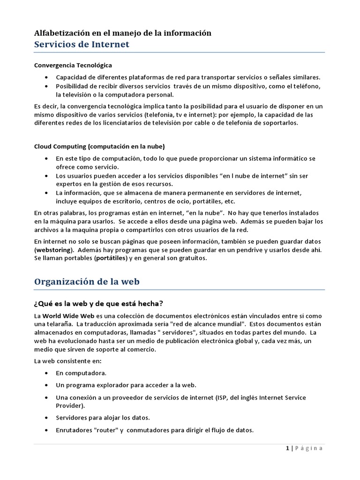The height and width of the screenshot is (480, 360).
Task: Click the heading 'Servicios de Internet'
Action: click(x=82, y=45)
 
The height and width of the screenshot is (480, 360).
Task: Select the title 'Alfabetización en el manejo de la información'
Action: click(x=123, y=33)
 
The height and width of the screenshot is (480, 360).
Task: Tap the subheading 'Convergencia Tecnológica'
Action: click(x=73, y=65)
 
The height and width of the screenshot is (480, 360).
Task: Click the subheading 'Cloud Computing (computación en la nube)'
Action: click(x=100, y=146)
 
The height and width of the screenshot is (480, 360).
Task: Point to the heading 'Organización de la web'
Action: click(x=87, y=282)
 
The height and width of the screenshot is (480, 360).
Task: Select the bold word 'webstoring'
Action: click(x=54, y=249)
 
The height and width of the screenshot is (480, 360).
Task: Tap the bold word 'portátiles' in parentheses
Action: click(x=113, y=258)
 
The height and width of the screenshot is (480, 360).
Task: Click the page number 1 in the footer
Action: click(x=287, y=448)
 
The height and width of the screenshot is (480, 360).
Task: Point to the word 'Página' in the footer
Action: click(x=308, y=448)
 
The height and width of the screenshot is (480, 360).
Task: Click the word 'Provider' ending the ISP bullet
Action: click(x=69, y=405)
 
